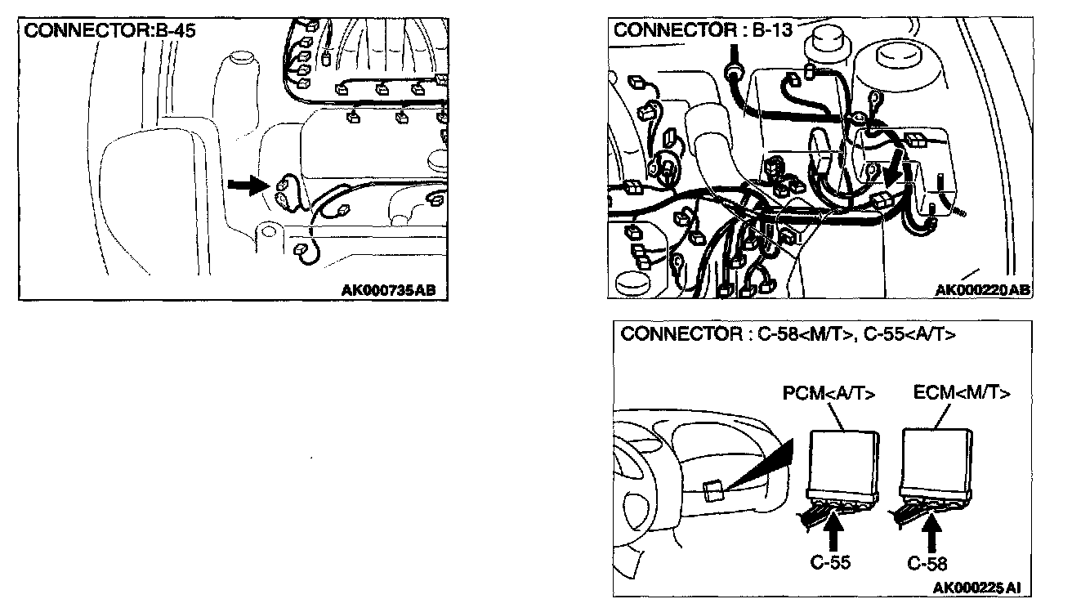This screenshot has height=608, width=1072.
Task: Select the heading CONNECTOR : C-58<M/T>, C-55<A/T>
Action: tap(788, 334)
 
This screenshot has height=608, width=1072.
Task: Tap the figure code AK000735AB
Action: tap(394, 289)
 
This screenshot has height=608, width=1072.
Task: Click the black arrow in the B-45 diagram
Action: tap(248, 186)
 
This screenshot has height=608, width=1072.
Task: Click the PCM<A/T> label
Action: tap(829, 394)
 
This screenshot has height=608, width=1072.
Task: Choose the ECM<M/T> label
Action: tap(961, 392)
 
